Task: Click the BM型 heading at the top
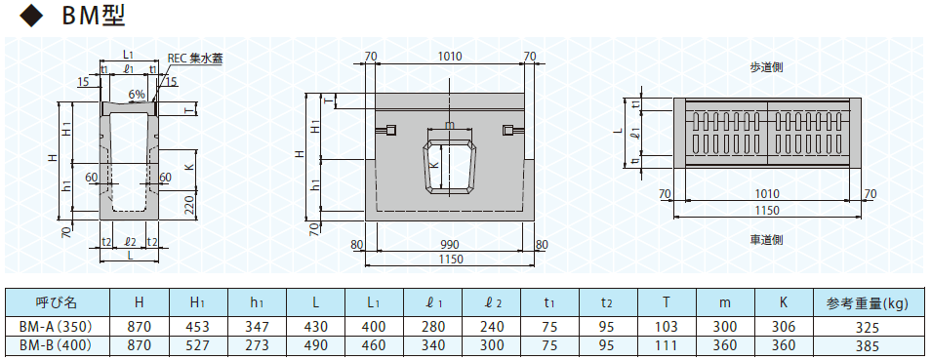(x=94, y=16)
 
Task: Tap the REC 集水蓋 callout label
(x=195, y=59)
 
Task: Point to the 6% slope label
(x=136, y=94)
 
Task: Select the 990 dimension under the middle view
(x=450, y=245)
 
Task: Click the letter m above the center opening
(x=449, y=126)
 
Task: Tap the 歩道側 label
(x=766, y=67)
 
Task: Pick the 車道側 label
(x=766, y=239)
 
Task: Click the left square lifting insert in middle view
(x=391, y=130)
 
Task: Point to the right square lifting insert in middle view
(x=507, y=130)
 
